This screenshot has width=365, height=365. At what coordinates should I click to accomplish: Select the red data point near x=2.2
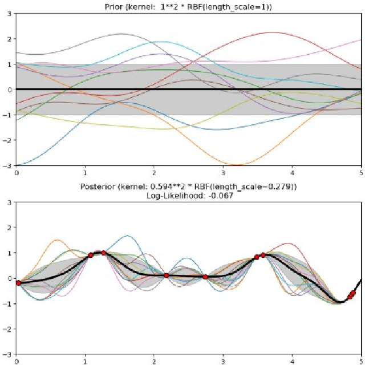pos(167,275)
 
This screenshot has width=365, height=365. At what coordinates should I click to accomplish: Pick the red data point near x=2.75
pos(205,277)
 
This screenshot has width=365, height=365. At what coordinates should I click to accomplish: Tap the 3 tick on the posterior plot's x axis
pos(223,360)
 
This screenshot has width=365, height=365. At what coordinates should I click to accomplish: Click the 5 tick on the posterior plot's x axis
pos(360,360)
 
